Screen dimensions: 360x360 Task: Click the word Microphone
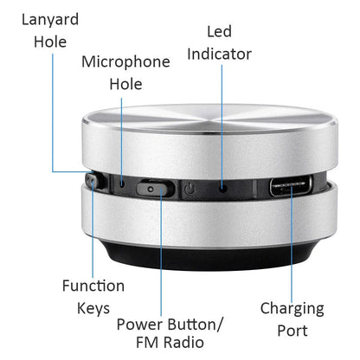pos(125,61)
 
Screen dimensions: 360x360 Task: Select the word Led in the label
pos(219,32)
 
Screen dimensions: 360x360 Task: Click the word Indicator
pos(219,55)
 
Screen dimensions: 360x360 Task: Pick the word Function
pos(93,286)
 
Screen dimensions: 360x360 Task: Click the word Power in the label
pos(139,325)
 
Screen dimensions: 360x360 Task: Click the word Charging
pos(292,308)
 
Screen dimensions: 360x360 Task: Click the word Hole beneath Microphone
pos(125,84)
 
